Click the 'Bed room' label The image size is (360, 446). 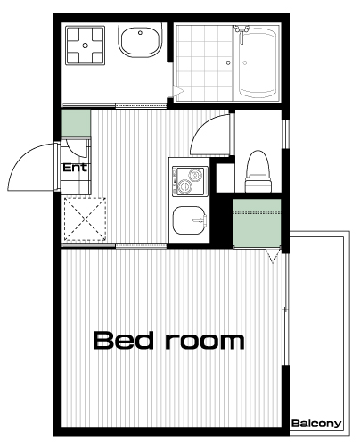pyautogui.click(x=168, y=340)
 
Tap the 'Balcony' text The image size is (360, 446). pyautogui.click(x=316, y=424)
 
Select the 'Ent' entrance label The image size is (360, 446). pyautogui.click(x=75, y=168)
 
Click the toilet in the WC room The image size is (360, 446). pyautogui.click(x=258, y=171)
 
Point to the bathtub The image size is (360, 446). pyautogui.click(x=258, y=62)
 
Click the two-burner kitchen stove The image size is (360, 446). pyautogui.click(x=188, y=181)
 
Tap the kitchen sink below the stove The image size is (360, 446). pyautogui.click(x=189, y=220)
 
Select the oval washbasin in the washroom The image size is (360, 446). pyautogui.click(x=140, y=40)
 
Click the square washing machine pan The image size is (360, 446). pyautogui.click(x=86, y=45)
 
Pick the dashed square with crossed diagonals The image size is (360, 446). pyautogui.click(x=86, y=219)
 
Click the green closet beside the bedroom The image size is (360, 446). pyautogui.click(x=257, y=223)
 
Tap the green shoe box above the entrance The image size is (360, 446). pyautogui.click(x=76, y=124)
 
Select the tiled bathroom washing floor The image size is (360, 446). pyautogui.click(x=204, y=63)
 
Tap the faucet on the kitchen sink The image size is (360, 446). pyautogui.click(x=200, y=220)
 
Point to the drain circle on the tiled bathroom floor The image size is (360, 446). pyautogui.click(x=228, y=62)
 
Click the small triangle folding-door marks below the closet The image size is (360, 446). pyautogui.click(x=273, y=256)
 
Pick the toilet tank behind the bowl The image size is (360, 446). pyautogui.click(x=258, y=184)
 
